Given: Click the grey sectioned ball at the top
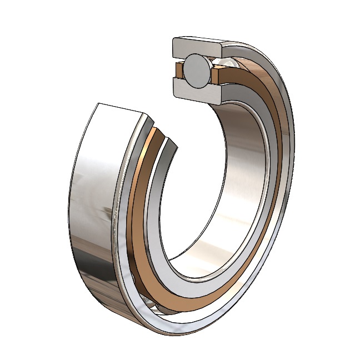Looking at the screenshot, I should [197, 72].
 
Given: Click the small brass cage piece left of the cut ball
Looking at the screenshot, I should [180, 71].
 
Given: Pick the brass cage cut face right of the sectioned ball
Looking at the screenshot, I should [218, 71].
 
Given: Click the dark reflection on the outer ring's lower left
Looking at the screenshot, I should [83, 261].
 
